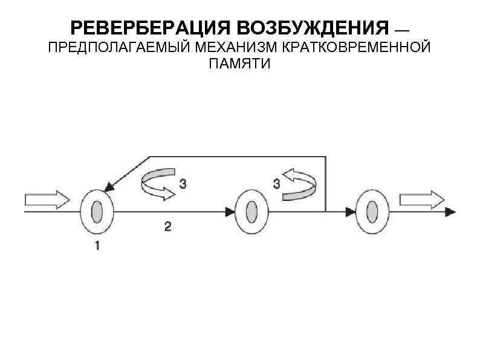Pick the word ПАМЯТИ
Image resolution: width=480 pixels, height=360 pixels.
tap(240, 64)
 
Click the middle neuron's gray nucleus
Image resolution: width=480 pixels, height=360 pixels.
tap(251, 212)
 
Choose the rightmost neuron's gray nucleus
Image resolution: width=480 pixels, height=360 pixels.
tap(371, 212)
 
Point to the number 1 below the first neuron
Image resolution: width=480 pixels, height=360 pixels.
tap(96, 246)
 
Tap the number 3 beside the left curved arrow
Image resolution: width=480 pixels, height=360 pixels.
tap(182, 183)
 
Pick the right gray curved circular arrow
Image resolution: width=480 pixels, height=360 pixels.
tap(299, 185)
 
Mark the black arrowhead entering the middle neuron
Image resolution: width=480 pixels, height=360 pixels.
tap(230, 212)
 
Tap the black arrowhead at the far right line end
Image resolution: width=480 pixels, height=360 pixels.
tap(451, 212)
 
